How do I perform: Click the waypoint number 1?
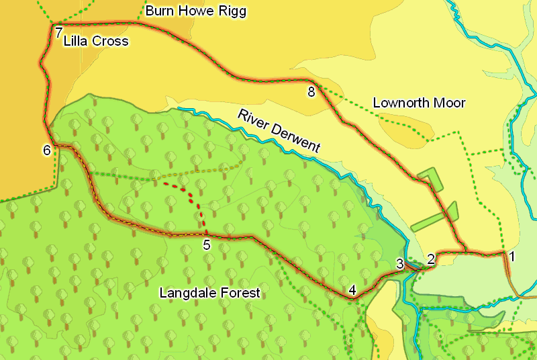point(511,256)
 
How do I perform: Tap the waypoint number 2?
point(431,258)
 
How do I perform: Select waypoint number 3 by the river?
point(399,264)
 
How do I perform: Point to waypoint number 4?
point(352,290)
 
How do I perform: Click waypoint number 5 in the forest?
point(207,245)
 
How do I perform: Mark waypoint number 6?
point(46,150)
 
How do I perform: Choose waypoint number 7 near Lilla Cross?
point(59,32)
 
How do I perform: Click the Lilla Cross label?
point(95,42)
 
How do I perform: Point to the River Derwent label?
point(279,130)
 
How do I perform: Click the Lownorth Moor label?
point(419,103)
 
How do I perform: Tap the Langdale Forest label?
point(209,293)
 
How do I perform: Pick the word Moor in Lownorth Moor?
point(451,103)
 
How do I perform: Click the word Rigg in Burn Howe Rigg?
point(233,11)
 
